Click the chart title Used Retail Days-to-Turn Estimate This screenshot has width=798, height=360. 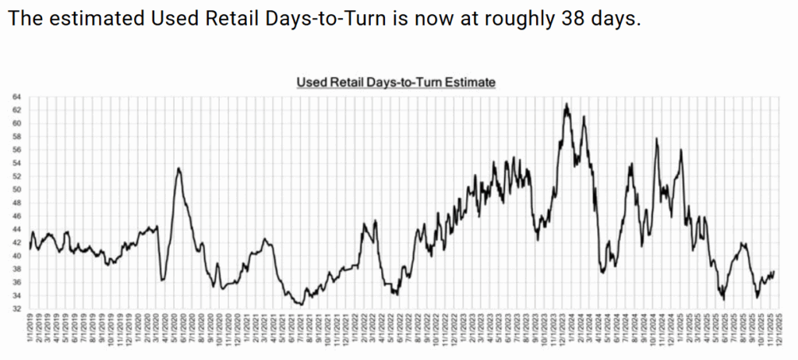point(397,82)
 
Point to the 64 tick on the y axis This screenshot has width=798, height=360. point(17,97)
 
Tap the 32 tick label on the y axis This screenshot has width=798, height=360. point(17,309)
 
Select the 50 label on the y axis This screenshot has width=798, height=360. point(17,189)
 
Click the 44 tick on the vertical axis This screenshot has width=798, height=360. point(17,229)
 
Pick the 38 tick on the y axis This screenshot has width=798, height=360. point(17,269)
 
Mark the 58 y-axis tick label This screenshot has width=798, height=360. point(17,136)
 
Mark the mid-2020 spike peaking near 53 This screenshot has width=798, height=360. point(179,168)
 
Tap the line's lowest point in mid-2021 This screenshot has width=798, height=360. point(299,304)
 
